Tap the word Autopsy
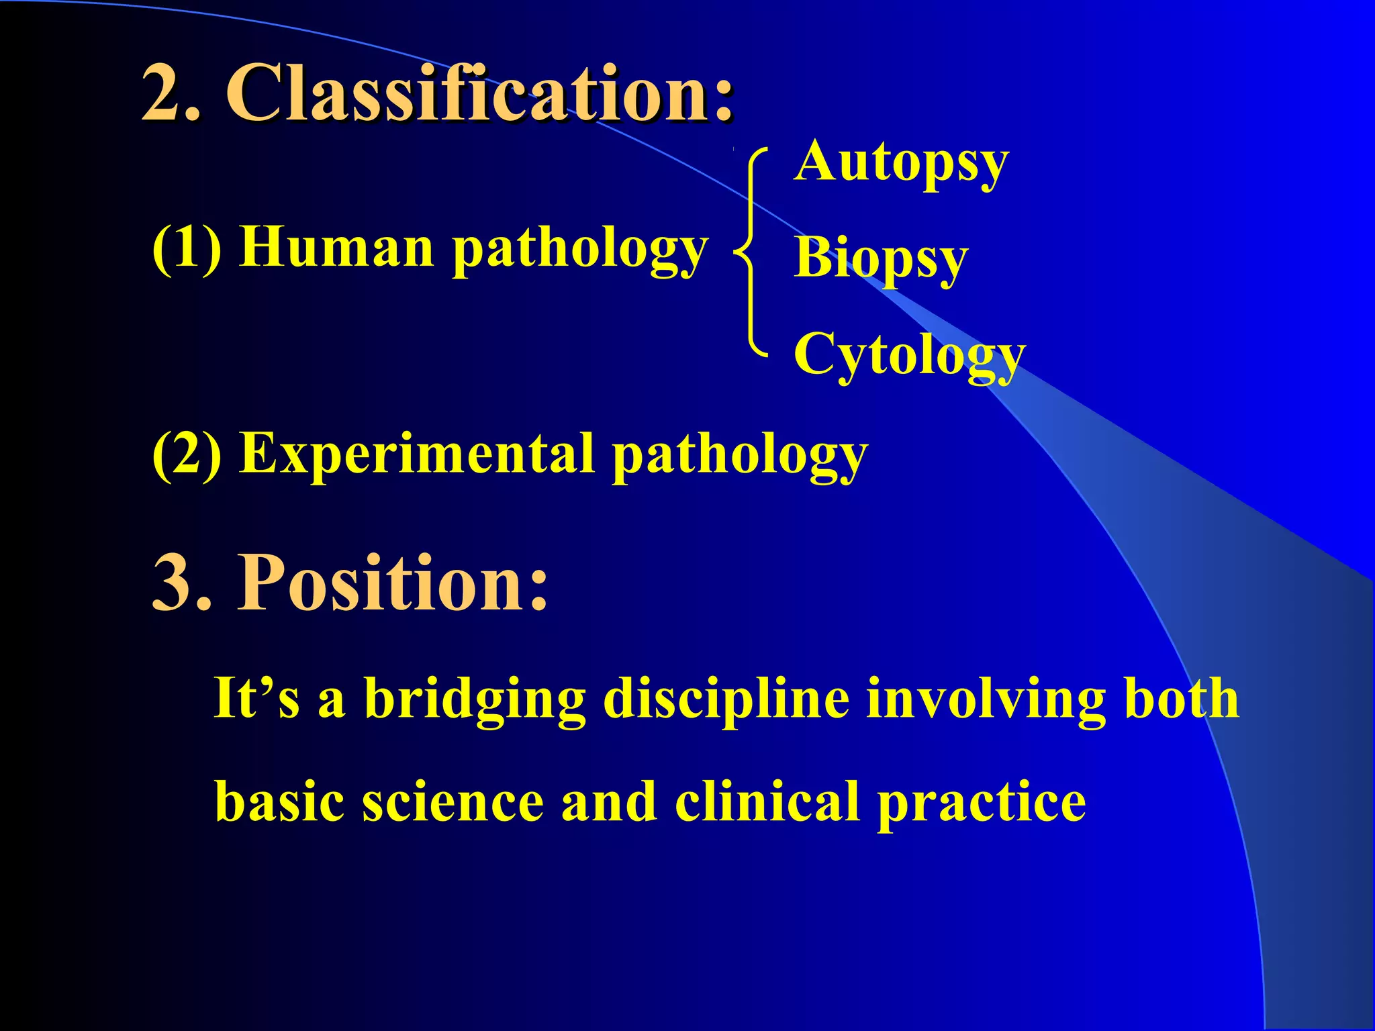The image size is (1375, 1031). coord(901,162)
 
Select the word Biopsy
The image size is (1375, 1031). coord(881,259)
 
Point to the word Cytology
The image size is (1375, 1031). coord(909,355)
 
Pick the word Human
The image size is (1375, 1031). coord(337,248)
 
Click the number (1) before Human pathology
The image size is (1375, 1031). coord(187,248)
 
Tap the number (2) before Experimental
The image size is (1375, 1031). coord(187,454)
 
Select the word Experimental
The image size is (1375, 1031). coord(417,454)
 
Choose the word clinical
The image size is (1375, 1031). coord(767,801)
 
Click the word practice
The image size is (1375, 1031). coord(982,803)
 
